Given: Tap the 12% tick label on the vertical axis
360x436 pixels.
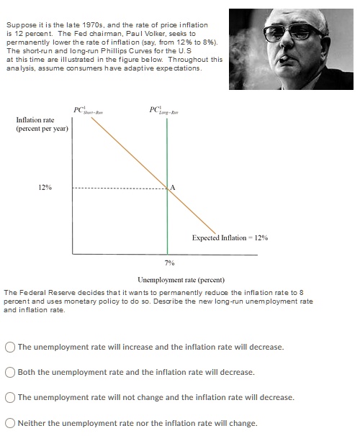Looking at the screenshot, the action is [x=45, y=188].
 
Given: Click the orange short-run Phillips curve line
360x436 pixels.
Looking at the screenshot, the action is [x=130, y=152].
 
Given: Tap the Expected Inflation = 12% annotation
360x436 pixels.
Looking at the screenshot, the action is [x=230, y=237].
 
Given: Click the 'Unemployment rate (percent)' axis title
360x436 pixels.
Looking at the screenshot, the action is [x=181, y=279].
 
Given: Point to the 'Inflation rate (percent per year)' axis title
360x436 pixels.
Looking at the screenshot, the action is [x=41, y=124].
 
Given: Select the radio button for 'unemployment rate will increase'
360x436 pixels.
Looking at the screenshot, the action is [x=10, y=347].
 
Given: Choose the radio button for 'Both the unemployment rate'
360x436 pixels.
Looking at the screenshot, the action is [x=10, y=372].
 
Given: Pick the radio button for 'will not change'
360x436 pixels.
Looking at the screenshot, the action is [x=10, y=397].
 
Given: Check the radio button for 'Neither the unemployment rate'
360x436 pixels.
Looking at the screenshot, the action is [x=10, y=422].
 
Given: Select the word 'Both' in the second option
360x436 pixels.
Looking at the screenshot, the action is [x=27, y=372].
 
